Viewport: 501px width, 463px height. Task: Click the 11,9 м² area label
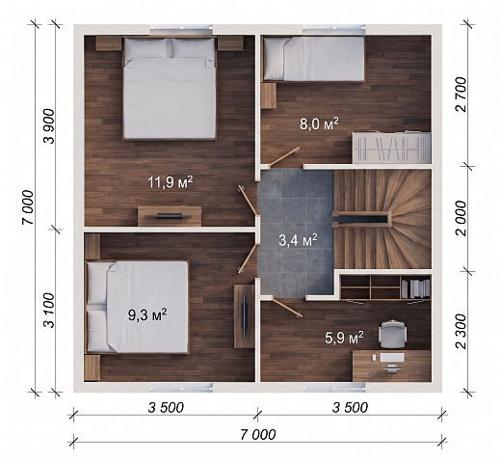coord(171,182)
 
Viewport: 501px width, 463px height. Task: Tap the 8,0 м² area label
coord(319,123)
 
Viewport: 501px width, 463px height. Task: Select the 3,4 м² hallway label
coord(298,240)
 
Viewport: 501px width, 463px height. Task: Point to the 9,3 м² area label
coord(147,315)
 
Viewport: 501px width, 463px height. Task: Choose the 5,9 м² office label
coord(344,338)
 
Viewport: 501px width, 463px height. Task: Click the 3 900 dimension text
coord(50,126)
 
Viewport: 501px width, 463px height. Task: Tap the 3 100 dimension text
coord(50,311)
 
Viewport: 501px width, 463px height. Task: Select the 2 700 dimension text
coord(461,95)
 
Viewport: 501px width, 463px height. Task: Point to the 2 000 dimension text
coord(461,219)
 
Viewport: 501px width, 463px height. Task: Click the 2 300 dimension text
coord(461,331)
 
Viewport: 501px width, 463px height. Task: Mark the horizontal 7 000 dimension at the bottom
coord(258,435)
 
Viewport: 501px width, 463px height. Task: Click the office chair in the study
coord(392,334)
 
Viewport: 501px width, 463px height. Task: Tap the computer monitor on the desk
coord(392,357)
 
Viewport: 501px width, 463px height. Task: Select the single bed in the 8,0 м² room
coord(314,59)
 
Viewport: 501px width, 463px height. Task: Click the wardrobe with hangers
coord(391,148)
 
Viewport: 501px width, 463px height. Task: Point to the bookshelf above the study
coord(385,286)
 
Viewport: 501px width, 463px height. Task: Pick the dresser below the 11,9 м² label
coord(170,216)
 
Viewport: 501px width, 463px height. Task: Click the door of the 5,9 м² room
coord(287,307)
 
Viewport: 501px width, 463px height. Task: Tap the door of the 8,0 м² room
coord(284,157)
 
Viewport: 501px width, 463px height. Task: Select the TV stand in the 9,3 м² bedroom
coord(244,316)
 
